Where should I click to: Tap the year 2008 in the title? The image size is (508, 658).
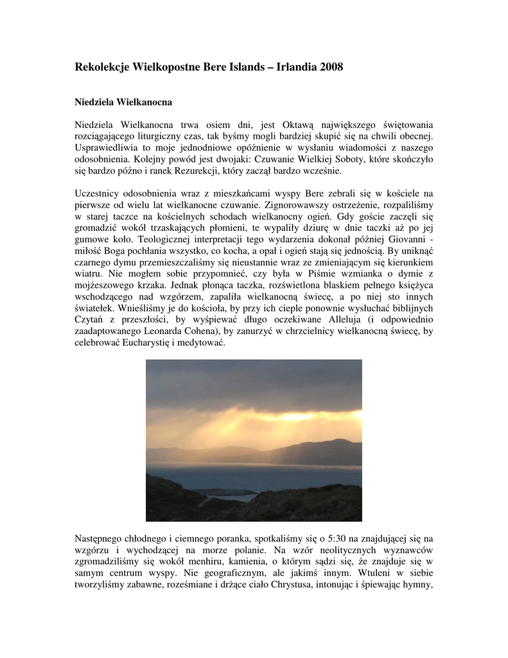(330, 67)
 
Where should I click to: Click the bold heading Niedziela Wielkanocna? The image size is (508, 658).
(123, 102)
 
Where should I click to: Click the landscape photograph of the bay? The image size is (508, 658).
(254, 440)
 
